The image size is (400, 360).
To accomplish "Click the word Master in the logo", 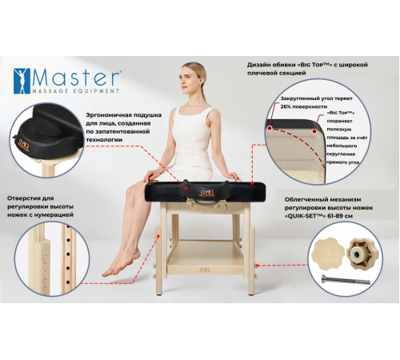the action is click(x=76, y=78).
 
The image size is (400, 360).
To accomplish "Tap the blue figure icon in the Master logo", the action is click(x=22, y=81).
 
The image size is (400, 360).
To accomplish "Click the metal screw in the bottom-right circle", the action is click(x=346, y=280).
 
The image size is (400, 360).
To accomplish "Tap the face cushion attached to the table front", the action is click(x=206, y=191).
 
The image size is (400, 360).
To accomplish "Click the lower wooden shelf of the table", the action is click(x=205, y=257).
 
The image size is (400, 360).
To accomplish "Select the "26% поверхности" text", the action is click(x=304, y=106).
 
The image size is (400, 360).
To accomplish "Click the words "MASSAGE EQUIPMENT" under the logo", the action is click(x=75, y=91).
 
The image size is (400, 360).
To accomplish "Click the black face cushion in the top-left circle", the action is click(x=50, y=131).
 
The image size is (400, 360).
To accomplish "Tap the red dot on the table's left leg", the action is click(x=158, y=236).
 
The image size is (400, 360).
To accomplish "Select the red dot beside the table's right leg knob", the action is click(x=258, y=266).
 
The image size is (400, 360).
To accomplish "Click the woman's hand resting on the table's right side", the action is click(x=233, y=176).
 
